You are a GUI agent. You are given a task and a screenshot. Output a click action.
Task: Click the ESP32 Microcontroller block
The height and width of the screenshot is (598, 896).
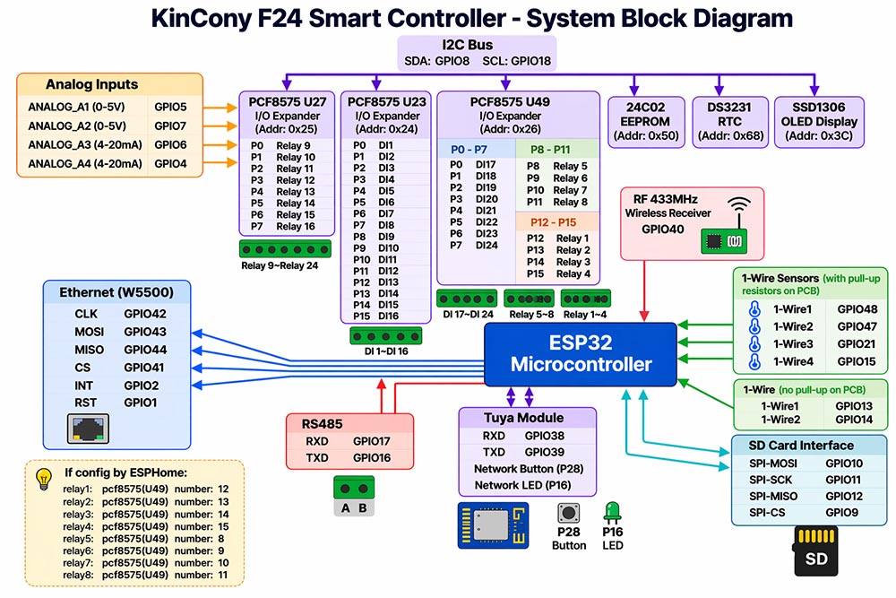click(581, 354)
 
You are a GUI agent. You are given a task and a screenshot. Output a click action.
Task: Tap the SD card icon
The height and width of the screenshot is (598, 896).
click(816, 551)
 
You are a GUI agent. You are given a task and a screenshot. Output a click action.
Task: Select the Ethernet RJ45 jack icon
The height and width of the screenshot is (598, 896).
click(88, 429)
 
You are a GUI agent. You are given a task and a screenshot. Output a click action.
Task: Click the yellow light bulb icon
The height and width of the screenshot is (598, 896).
click(44, 480)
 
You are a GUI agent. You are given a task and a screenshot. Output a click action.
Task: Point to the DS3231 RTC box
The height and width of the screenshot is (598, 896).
click(729, 122)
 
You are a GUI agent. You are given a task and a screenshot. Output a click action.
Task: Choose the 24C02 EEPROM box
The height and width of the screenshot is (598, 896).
click(646, 122)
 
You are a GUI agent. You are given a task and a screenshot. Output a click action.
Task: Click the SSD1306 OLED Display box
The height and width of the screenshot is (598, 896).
click(819, 122)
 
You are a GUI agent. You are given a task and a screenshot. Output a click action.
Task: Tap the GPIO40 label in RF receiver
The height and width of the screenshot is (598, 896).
click(662, 230)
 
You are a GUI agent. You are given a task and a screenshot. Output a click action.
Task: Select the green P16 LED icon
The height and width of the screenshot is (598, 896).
click(612, 512)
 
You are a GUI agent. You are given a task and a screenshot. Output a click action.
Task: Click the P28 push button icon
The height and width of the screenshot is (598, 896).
click(569, 513)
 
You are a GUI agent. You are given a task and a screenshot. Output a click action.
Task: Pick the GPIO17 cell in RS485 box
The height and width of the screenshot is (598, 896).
click(372, 441)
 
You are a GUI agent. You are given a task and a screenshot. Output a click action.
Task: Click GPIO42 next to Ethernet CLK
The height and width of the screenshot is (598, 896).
click(145, 314)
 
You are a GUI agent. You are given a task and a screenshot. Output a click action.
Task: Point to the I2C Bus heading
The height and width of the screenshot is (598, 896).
click(467, 45)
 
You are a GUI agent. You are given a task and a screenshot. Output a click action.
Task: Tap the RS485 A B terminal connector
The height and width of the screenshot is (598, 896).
click(354, 496)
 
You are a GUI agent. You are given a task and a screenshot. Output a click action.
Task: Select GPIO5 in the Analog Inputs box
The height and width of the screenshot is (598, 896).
click(170, 107)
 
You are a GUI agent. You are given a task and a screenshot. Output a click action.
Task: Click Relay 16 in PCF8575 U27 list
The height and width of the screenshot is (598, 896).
click(296, 227)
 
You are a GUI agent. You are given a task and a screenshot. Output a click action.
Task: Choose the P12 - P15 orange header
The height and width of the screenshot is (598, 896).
click(553, 222)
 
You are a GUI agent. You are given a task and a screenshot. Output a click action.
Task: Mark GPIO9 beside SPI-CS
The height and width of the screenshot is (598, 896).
click(841, 513)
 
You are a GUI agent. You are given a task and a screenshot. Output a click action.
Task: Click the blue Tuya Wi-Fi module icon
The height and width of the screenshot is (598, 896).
click(493, 525)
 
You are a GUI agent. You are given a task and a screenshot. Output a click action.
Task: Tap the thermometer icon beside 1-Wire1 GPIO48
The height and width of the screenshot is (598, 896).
click(754, 309)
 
